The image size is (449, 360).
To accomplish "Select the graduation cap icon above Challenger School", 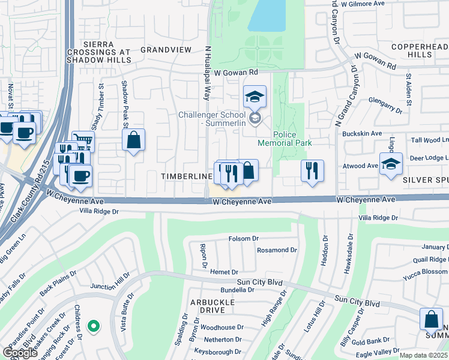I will point(255,96).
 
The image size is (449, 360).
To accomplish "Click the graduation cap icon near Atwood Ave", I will point(390,163).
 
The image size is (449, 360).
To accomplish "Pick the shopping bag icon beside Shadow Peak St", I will point(134,140).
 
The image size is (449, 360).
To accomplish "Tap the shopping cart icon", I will point(83,142).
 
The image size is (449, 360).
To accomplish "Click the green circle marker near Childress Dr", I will point(92,326).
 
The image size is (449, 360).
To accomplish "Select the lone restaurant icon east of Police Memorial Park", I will point(312,170).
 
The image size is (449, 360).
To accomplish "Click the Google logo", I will point(19,353).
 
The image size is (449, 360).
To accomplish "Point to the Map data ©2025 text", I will point(424,355).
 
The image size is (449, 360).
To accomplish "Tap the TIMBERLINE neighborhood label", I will point(187,176).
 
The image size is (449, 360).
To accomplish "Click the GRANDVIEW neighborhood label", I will point(165,50).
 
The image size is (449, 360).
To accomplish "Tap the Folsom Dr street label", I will point(243,239).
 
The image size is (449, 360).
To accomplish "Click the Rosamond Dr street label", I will point(277,250).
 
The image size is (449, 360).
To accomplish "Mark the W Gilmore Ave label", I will point(363,4).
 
